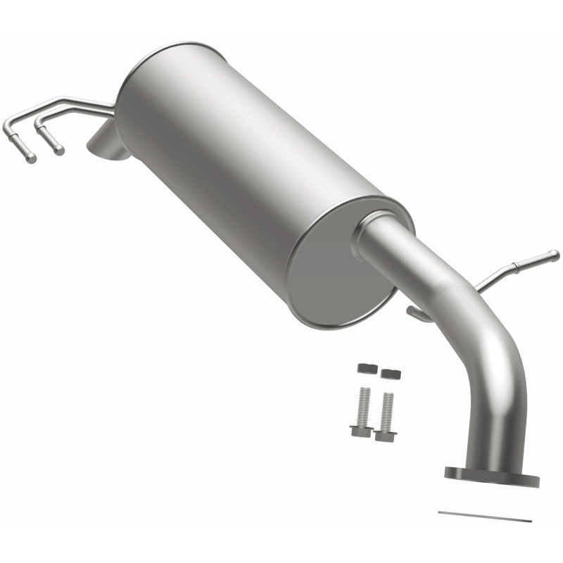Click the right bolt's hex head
tap(385, 434)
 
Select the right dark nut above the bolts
tap(390, 372)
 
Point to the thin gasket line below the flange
tap(485, 516)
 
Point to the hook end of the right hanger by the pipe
tap(417, 314)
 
